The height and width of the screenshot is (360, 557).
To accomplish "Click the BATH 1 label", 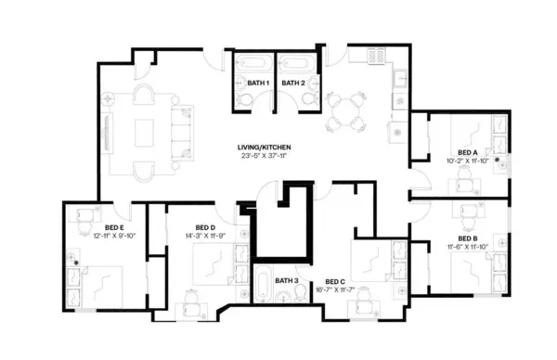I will coord(257,84).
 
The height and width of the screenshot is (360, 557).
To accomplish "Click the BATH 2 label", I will coord(293,84).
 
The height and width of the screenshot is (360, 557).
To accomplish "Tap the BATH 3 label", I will coord(285,280).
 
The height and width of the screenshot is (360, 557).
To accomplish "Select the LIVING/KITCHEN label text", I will coord(266,148).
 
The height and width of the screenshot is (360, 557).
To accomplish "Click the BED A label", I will coord(468,151).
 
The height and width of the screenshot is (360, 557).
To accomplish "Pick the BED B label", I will coord(468,238).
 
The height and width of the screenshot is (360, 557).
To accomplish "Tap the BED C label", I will coord(335,281).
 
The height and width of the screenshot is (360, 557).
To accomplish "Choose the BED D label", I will coord(205,227).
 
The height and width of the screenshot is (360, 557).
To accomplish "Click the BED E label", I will coord(114,227).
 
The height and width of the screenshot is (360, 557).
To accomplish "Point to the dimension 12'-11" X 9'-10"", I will coord(114,236).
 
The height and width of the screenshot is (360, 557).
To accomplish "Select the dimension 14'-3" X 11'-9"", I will coord(205,236).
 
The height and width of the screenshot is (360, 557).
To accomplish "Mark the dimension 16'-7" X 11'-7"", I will coord(335,289).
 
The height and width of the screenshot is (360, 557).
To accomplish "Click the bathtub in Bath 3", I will coord(263,288).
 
